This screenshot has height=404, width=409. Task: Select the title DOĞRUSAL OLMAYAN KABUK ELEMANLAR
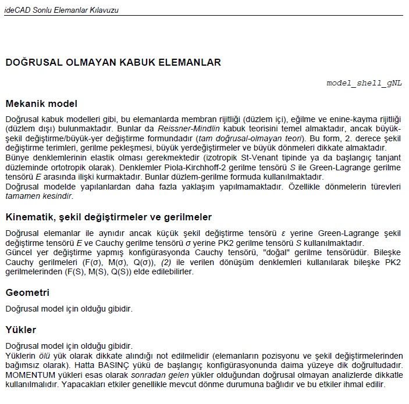click(113, 62)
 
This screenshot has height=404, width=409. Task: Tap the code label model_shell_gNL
click(364, 83)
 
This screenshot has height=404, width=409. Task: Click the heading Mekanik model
click(41, 104)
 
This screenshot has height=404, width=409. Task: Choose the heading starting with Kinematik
click(108, 217)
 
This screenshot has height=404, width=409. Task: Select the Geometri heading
click(27, 292)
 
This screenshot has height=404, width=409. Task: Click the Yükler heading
click(21, 330)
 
